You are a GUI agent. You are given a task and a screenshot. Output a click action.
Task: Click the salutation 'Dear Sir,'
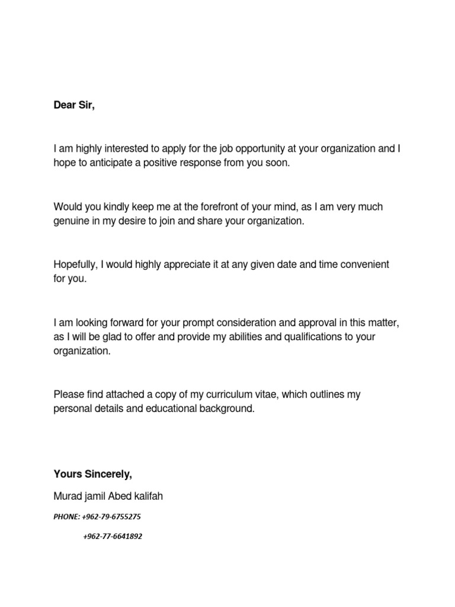point(74,106)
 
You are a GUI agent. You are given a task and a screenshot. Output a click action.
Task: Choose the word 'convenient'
point(363,264)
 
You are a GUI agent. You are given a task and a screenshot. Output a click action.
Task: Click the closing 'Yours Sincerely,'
point(93,474)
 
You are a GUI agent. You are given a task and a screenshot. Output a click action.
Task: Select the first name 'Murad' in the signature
point(67,496)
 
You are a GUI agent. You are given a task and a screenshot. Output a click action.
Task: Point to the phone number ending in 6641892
point(113,536)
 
